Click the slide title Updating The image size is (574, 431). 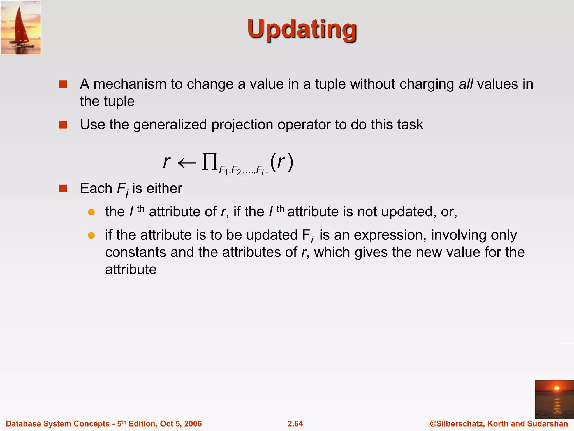302,29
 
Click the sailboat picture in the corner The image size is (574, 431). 21,27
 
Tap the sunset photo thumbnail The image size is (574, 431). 554,399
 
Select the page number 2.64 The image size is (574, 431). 295,424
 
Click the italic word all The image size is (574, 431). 466,84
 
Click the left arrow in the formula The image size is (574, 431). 187,163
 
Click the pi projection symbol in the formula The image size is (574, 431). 210,162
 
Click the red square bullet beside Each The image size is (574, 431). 63,188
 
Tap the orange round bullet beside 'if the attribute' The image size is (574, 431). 91,235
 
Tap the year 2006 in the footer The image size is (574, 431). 193,424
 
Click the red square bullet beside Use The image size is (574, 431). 63,125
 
